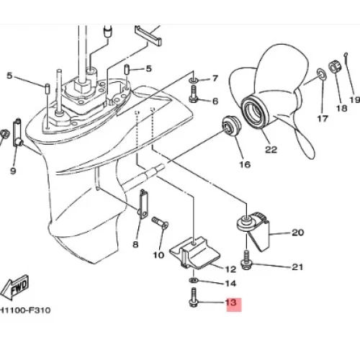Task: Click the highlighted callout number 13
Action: [x=231, y=302]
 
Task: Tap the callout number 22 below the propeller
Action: [x=271, y=149]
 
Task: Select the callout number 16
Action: [x=245, y=164]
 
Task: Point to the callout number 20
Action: [x=297, y=233]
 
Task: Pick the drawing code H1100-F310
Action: [x=25, y=310]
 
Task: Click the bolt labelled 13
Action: [x=194, y=298]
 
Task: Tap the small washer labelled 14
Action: [x=194, y=280]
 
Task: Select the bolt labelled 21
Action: [x=246, y=260]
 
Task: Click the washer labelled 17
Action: [x=322, y=73]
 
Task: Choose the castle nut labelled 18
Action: [x=334, y=67]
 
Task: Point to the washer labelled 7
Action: [x=194, y=80]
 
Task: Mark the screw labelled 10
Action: [x=160, y=222]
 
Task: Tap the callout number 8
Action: [x=135, y=244]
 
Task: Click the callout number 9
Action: [x=13, y=171]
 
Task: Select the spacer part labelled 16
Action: [x=230, y=126]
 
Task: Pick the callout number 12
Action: [x=230, y=269]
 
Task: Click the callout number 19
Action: [x=355, y=99]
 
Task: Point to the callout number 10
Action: [x=158, y=255]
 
